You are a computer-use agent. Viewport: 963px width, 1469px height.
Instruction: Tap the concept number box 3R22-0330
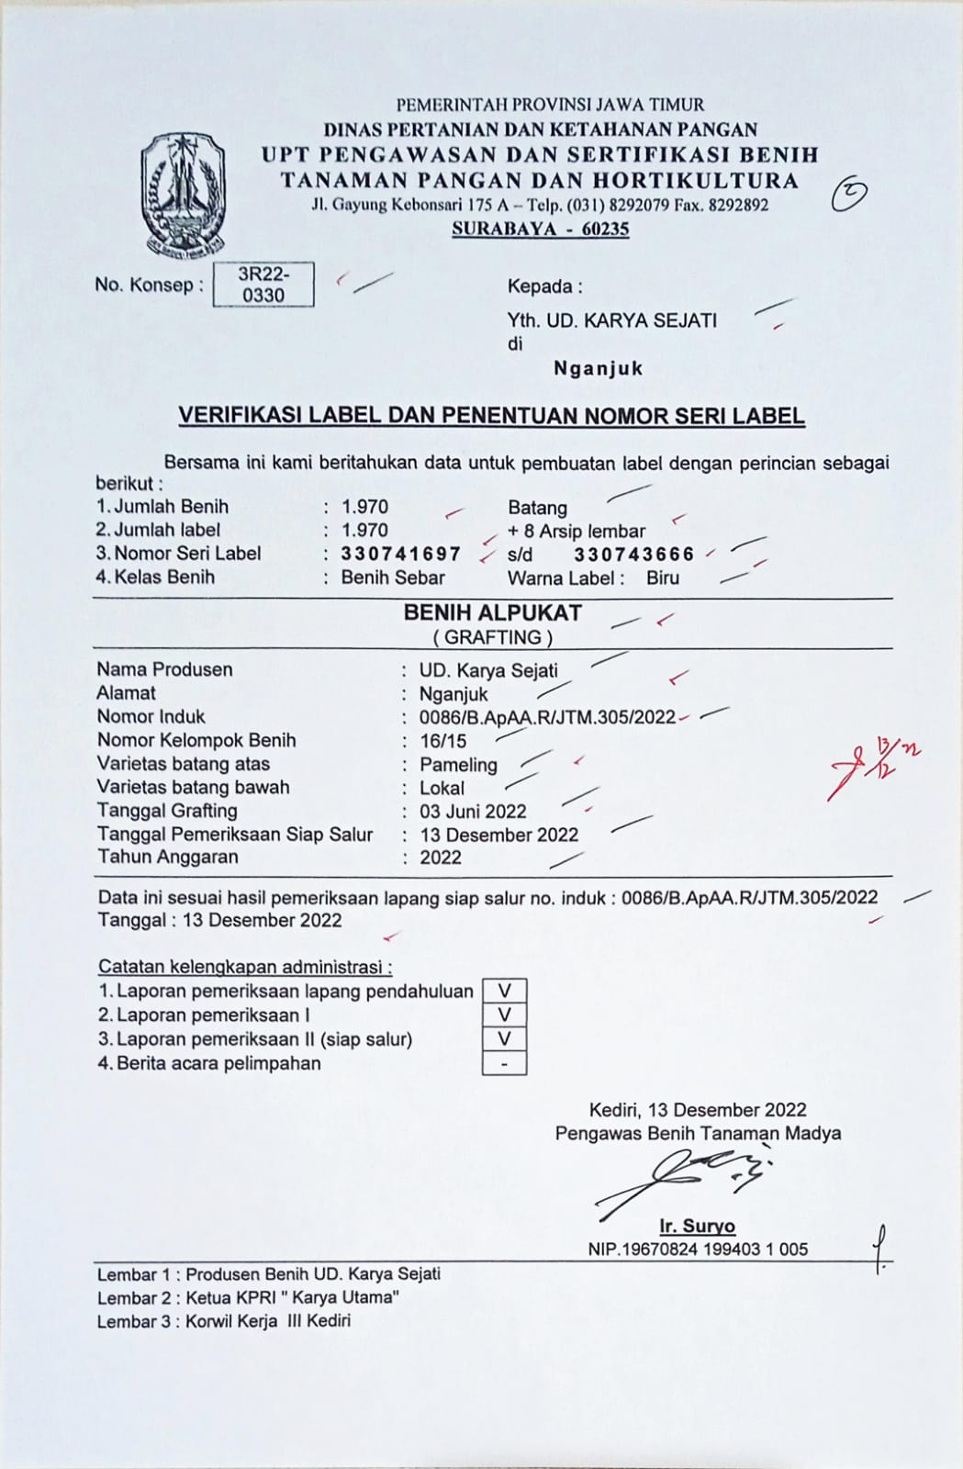(263, 285)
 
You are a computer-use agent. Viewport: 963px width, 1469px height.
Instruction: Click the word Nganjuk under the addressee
(598, 368)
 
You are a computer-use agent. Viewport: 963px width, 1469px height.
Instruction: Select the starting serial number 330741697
(401, 554)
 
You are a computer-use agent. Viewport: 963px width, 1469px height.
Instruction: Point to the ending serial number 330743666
(634, 555)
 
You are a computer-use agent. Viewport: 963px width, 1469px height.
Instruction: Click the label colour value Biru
(663, 578)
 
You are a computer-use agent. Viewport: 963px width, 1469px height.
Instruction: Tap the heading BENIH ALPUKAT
(493, 613)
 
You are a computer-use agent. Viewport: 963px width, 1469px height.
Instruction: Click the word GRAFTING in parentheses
(493, 637)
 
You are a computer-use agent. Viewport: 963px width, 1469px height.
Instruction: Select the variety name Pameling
(458, 765)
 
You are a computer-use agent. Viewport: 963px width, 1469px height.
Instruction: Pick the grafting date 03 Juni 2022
(473, 812)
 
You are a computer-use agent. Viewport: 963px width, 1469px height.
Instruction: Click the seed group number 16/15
(442, 741)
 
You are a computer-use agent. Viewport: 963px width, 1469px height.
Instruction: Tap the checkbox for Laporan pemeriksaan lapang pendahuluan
(504, 992)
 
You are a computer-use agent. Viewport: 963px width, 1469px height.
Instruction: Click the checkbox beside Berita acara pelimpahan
(504, 1064)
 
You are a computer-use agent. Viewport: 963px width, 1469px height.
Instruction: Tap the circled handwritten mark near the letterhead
(848, 194)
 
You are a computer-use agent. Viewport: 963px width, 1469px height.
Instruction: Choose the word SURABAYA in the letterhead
(499, 229)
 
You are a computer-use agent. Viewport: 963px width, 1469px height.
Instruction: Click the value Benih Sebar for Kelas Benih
(393, 578)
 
